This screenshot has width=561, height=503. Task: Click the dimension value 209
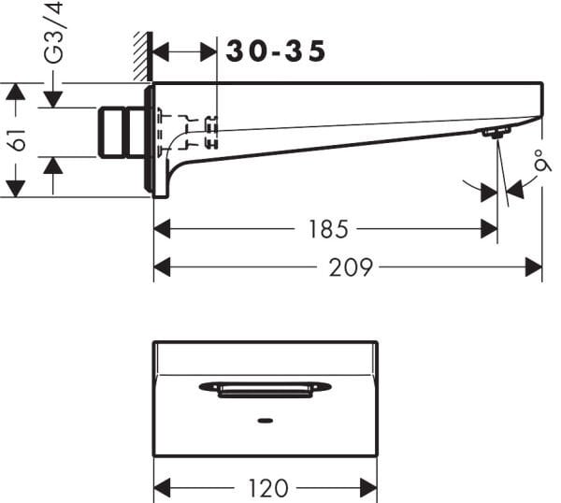(x=350, y=268)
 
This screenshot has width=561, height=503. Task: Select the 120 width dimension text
(x=268, y=488)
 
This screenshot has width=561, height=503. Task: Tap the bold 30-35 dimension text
(x=276, y=52)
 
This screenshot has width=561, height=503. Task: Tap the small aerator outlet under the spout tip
(x=494, y=134)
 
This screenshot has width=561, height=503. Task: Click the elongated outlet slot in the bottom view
(x=266, y=388)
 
